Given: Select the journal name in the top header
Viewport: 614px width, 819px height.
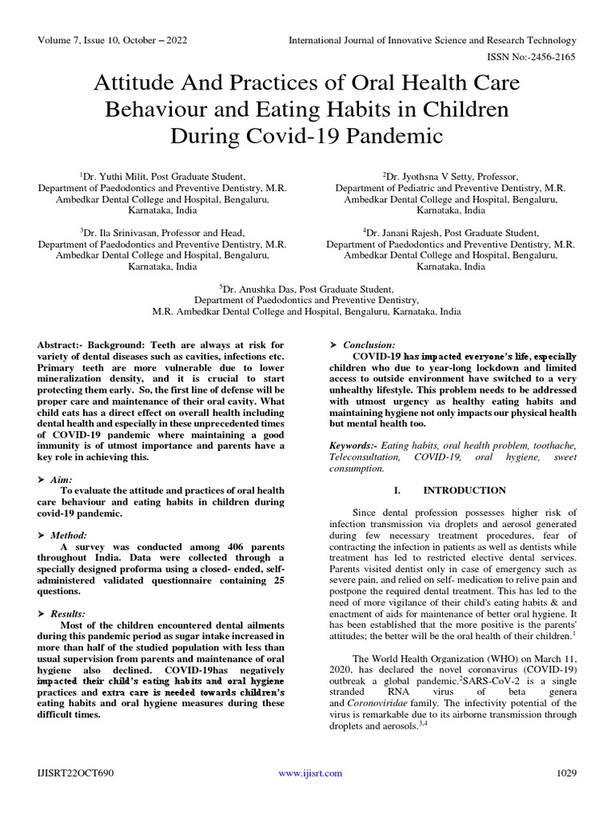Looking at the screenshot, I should [432, 40].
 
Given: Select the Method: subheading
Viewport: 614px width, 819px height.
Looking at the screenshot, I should [67, 534].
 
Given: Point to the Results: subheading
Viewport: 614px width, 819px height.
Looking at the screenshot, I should [67, 613].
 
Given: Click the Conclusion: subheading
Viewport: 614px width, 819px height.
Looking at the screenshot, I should [369, 344].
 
